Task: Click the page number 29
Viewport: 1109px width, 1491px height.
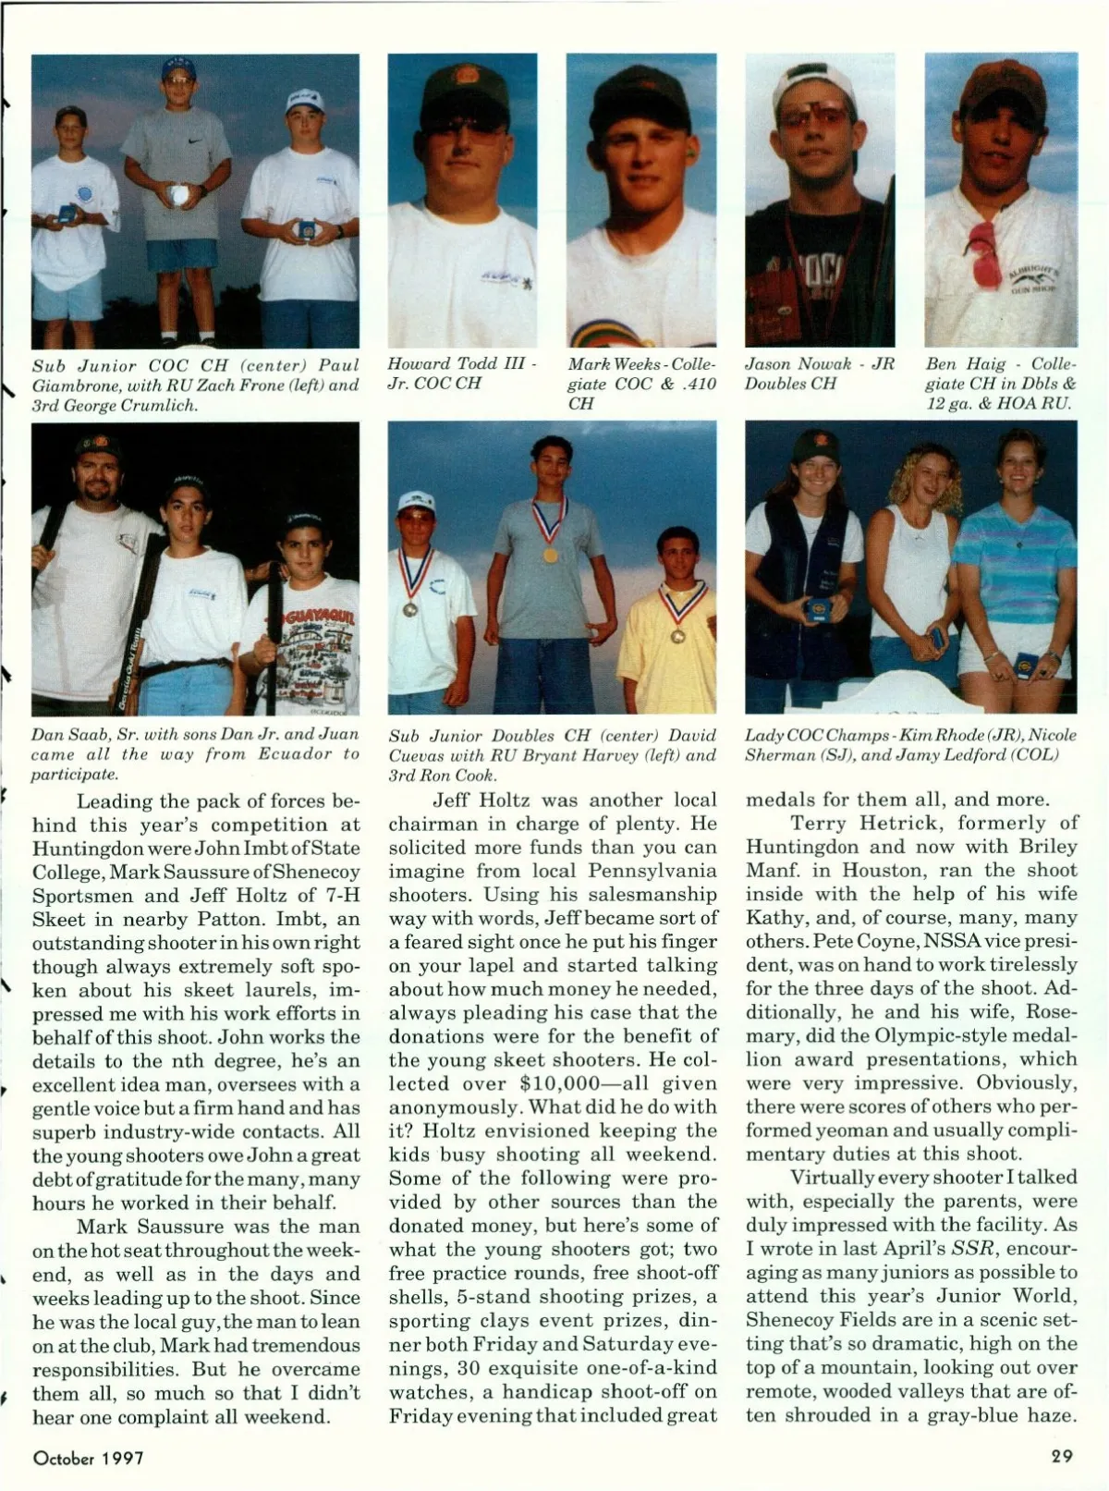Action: coord(1061,1457)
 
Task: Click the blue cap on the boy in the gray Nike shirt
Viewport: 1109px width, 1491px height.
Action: coord(180,68)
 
